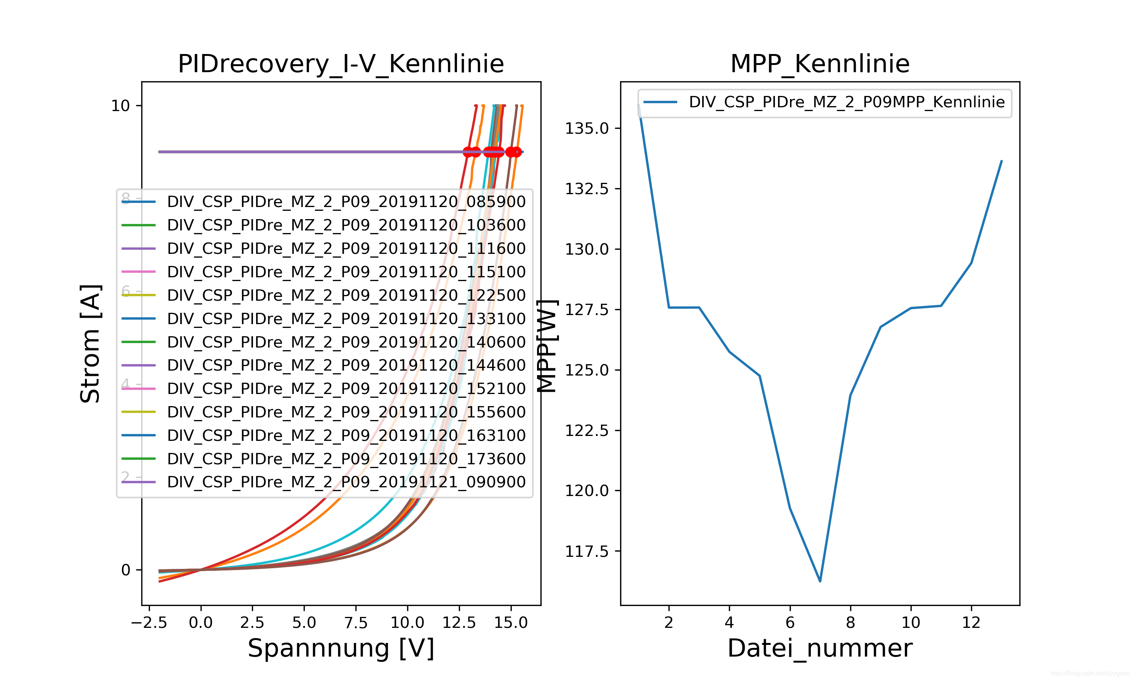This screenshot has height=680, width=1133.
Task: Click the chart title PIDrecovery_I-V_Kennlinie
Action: pos(341,64)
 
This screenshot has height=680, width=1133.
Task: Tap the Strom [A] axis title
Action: pos(90,344)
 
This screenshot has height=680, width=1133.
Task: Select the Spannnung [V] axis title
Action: pos(341,648)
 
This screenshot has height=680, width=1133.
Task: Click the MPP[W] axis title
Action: pos(547,346)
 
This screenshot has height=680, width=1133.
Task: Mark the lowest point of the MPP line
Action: pos(820,581)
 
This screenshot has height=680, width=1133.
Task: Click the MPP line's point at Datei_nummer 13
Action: pos(1002,161)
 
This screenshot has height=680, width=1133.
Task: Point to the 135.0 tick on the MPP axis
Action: pos(587,128)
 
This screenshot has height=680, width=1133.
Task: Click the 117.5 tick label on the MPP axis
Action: pos(587,551)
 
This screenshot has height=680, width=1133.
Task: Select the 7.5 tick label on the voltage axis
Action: pos(356,623)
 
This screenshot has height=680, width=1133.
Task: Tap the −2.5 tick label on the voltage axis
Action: pos(149,623)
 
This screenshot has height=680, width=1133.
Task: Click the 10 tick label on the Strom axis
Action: pos(120,106)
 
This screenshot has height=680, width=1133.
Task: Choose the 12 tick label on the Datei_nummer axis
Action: pos(971,623)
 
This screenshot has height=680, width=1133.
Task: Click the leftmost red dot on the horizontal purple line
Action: pos(468,151)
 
